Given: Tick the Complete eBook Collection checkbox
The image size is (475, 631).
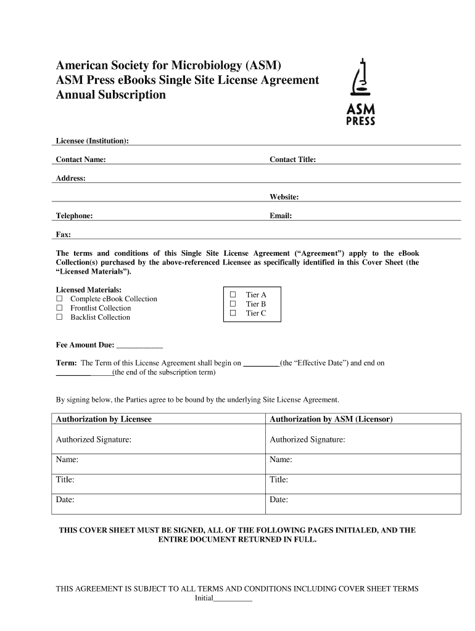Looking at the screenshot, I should (60, 299).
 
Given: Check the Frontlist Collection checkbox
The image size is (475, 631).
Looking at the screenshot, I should (60, 308).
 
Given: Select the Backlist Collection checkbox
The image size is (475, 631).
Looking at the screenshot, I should (60, 317).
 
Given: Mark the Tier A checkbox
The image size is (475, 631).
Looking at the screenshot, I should (233, 295).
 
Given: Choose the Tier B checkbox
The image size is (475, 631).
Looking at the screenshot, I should (233, 304).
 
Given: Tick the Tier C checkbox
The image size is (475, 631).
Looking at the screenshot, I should (233, 313).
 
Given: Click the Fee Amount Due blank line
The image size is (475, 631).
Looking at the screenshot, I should (139, 346).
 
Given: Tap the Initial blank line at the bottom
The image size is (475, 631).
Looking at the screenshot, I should (233, 599).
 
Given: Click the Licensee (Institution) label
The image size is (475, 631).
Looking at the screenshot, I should (93, 141).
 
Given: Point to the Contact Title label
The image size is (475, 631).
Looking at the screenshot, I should (292, 160).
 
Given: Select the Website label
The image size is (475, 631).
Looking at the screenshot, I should (284, 197).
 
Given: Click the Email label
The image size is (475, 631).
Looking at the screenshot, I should (281, 216).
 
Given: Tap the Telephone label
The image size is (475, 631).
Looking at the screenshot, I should (75, 216).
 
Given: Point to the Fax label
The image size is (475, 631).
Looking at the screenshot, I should (64, 235).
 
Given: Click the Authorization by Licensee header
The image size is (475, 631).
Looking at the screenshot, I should (104, 419).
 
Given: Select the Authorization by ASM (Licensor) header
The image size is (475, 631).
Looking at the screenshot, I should (331, 419).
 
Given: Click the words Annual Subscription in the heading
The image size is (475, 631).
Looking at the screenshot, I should (111, 96).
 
